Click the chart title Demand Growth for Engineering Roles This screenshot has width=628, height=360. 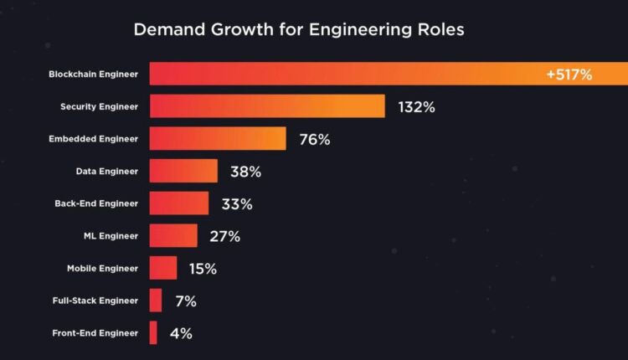click(299, 30)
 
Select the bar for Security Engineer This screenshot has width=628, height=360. click(266, 106)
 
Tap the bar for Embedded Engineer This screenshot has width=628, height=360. click(218, 139)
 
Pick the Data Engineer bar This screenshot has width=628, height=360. click(183, 171)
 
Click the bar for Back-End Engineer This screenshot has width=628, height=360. click(179, 203)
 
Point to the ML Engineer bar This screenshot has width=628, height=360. click(173, 235)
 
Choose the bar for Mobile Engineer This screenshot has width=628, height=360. click(163, 268)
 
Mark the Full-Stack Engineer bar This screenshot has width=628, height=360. click(156, 300)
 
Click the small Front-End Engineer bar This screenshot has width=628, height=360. click(153, 332)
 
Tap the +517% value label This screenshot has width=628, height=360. click(569, 75)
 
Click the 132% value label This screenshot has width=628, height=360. click(417, 107)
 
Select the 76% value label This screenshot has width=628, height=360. click(314, 140)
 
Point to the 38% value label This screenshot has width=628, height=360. click(245, 172)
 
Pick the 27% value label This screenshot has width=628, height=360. click(224, 236)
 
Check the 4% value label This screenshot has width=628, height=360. click(181, 333)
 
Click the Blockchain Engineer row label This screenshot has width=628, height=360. click(94, 75)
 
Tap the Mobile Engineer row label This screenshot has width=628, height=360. click(102, 268)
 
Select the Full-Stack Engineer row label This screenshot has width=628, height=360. click(96, 300)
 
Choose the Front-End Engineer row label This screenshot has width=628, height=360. click(95, 332)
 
